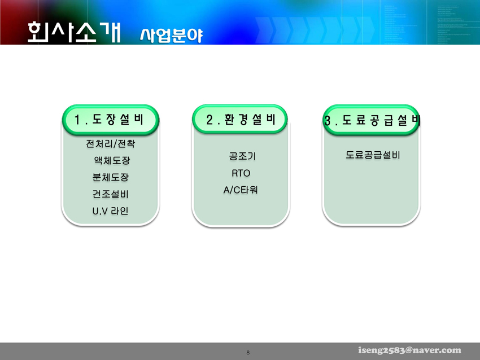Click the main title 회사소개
[x=75, y=32]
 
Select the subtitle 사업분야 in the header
[x=172, y=36]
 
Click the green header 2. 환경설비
[x=240, y=119]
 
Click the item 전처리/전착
[x=111, y=143]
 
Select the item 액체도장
[x=112, y=160]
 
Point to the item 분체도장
[x=111, y=177]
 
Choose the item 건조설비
[x=111, y=194]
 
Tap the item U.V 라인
[x=111, y=210]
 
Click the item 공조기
[x=242, y=156]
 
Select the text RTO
[x=241, y=173]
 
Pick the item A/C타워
[x=241, y=190]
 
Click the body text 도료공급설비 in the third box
[x=373, y=155]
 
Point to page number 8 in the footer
[x=248, y=353]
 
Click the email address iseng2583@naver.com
[x=409, y=350]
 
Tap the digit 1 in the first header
[x=77, y=120]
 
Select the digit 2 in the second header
[x=210, y=120]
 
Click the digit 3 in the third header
[x=328, y=121]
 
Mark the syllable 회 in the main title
[x=38, y=32]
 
